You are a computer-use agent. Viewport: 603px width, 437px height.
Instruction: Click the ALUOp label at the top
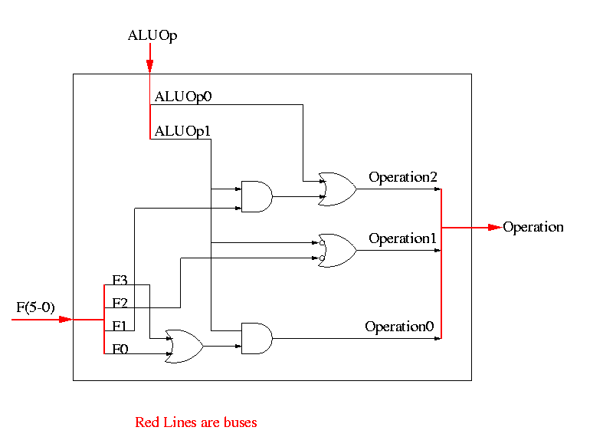[x=153, y=34]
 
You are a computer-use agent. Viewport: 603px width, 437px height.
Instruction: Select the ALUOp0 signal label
[x=183, y=97]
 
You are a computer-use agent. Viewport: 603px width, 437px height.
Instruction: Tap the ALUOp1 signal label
[x=183, y=131]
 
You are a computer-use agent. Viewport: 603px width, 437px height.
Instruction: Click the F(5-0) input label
[x=36, y=308]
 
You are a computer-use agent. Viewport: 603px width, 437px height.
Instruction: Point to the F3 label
[x=120, y=281]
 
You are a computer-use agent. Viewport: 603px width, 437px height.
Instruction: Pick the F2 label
[x=120, y=304]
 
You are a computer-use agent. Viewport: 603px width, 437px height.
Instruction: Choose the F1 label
[x=120, y=327]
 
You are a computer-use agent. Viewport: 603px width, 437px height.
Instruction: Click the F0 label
[x=120, y=350]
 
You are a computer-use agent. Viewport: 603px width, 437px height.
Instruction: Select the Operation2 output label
[x=403, y=177]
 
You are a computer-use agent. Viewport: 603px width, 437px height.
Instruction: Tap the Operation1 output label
[x=403, y=238]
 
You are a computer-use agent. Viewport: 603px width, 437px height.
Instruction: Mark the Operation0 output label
[x=399, y=327]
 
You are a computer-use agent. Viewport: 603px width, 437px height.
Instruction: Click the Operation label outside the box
[x=533, y=227]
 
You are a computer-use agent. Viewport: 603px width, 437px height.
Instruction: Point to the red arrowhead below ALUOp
[x=150, y=67]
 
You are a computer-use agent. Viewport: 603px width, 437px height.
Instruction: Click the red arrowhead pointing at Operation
[x=496, y=227]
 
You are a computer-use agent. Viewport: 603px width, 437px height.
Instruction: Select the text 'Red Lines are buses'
[x=196, y=422]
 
